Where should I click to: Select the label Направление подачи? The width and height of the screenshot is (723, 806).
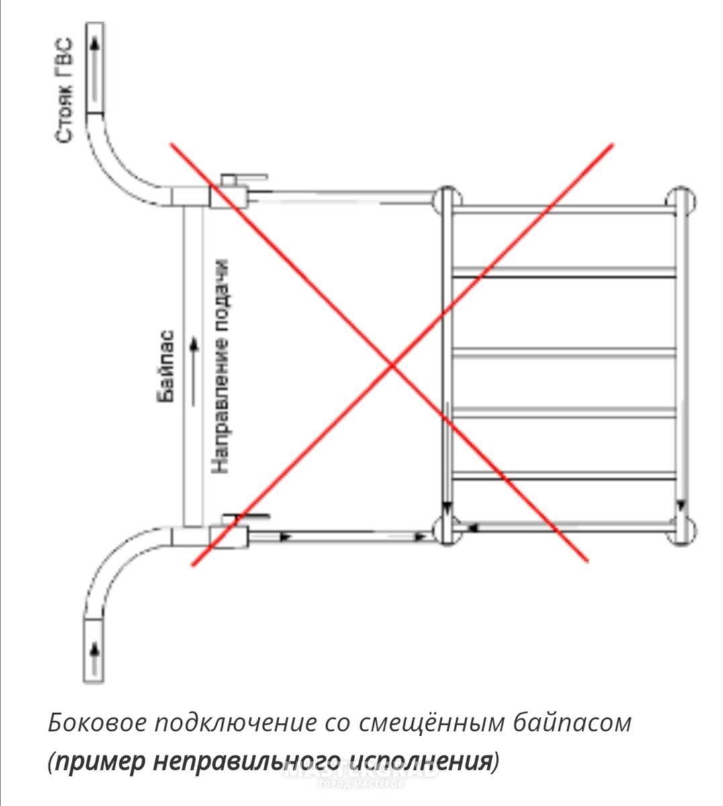tap(221, 367)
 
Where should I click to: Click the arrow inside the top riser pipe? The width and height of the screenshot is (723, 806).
tap(95, 44)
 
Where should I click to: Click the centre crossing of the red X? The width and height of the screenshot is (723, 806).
tap(393, 365)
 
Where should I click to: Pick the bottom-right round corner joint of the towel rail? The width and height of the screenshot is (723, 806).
tap(681, 531)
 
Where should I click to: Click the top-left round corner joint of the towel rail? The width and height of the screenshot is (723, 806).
tap(446, 199)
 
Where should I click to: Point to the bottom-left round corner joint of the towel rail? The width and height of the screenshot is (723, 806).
tap(446, 530)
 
